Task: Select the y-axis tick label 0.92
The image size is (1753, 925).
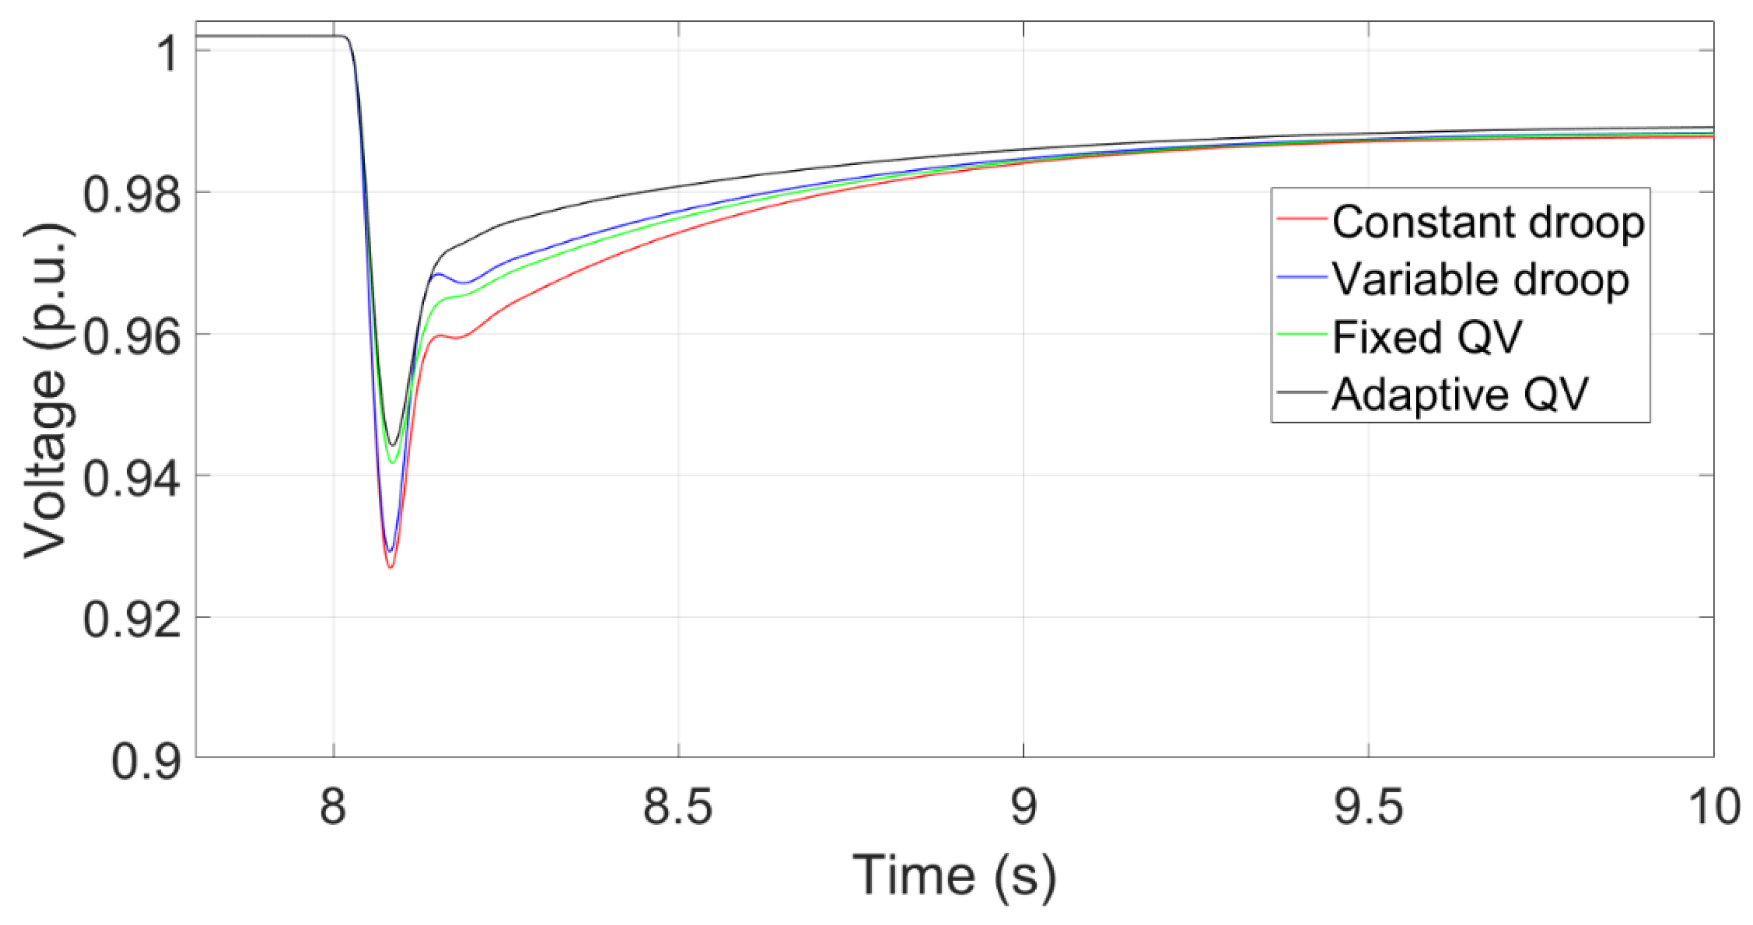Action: pyautogui.click(x=132, y=621)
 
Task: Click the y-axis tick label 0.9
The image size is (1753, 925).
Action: pyautogui.click(x=147, y=761)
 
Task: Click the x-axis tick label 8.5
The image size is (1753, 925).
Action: pyautogui.click(x=678, y=807)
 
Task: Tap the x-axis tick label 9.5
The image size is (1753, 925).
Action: pyautogui.click(x=1368, y=807)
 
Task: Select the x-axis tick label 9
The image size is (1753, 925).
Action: pyautogui.click(x=1023, y=807)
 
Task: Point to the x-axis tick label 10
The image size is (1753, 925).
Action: pyautogui.click(x=1714, y=807)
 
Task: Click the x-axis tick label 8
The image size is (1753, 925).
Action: pyautogui.click(x=334, y=807)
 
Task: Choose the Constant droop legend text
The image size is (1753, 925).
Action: pyautogui.click(x=1488, y=222)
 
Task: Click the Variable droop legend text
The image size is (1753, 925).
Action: pyautogui.click(x=1481, y=280)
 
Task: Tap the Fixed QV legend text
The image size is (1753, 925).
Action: pyautogui.click(x=1426, y=337)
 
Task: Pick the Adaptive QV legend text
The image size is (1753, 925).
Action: pyautogui.click(x=1460, y=394)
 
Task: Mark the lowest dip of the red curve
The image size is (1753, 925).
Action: pyautogui.click(x=391, y=568)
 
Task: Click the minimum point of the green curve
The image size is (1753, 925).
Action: pyautogui.click(x=392, y=464)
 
